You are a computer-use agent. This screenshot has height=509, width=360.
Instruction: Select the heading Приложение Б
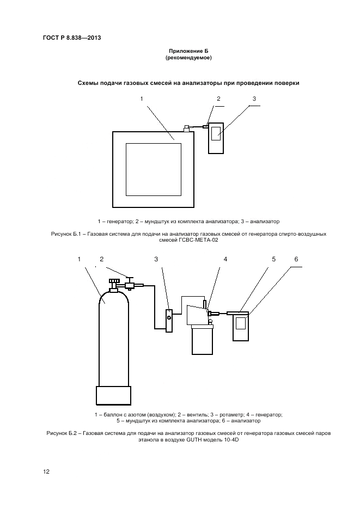[188, 51]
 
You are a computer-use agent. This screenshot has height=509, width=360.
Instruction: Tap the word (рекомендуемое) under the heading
[188, 57]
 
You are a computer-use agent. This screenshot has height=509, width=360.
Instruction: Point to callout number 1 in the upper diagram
[142, 99]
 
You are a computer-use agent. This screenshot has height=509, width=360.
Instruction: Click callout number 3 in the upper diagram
[254, 99]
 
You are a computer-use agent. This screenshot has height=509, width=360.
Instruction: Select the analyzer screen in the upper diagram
[216, 133]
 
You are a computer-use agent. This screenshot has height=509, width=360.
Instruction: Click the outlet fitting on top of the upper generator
[186, 128]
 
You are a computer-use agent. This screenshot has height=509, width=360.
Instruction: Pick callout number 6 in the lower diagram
[296, 259]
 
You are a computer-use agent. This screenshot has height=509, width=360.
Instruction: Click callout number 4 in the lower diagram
[224, 259]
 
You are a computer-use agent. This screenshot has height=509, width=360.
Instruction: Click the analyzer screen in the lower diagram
[240, 323]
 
